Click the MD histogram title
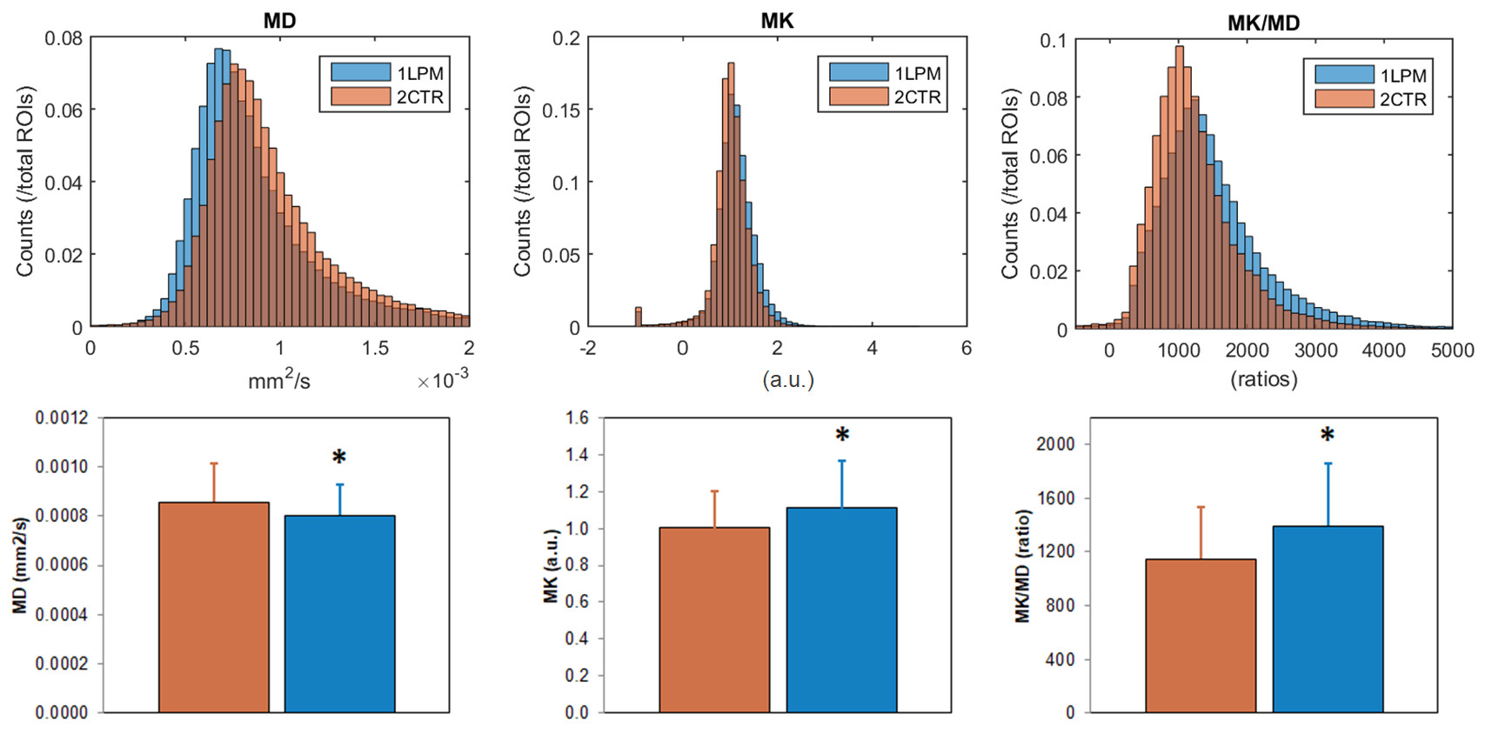pos(279,21)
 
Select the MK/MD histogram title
pos(1263,23)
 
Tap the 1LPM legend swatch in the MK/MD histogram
pos(1343,75)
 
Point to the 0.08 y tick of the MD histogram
pos(64,38)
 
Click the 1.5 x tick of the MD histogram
pos(375,348)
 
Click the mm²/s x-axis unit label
pos(278,380)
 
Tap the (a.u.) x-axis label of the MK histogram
pos(788,379)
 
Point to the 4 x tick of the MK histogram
pos(872,348)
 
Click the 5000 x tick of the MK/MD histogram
pos(1452,350)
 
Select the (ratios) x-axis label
pos(1263,379)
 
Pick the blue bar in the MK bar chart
pos(841,610)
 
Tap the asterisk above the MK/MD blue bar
pos(1327,435)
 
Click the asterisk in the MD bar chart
pos(339,457)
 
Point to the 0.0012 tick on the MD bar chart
pos(62,418)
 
